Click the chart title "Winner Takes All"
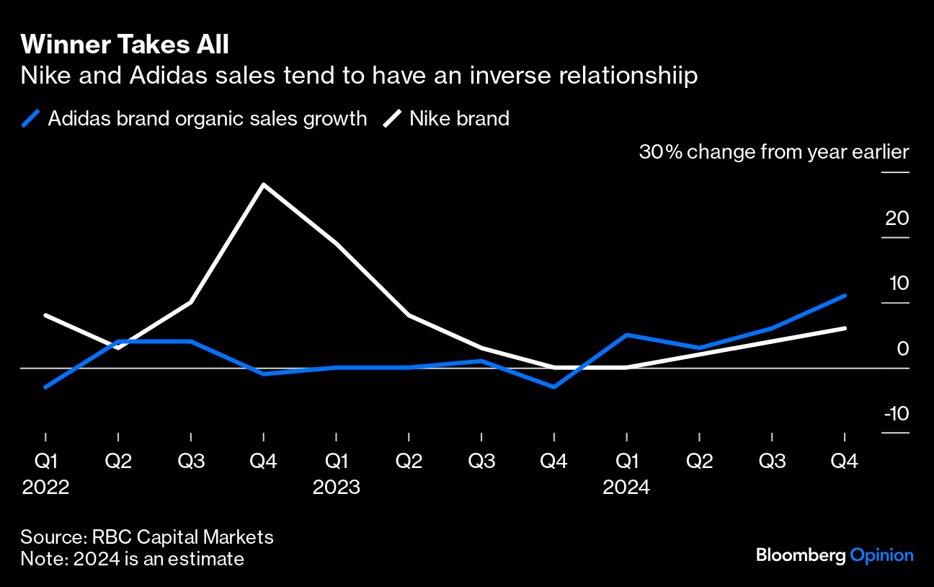125,45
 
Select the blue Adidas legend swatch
30,118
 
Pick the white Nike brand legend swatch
391,118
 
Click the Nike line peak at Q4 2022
264,185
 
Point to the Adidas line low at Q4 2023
554,387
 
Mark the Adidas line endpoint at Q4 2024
845,295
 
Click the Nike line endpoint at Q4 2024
845,328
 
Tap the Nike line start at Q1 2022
45,315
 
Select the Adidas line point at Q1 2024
627,335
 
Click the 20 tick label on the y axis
897,218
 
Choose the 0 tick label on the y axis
902,348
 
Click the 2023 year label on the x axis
337,487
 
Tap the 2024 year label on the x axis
627,487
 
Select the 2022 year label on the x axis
45,487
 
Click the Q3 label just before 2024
481,462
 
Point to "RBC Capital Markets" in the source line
182,537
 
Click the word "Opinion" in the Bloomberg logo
882,555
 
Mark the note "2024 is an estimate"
159,559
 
